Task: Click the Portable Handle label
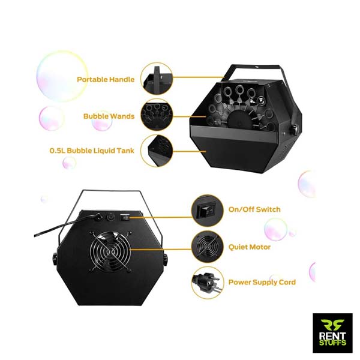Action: pyautogui.click(x=106, y=79)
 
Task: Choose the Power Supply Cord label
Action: pyautogui.click(x=262, y=282)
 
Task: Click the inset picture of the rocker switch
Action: pyautogui.click(x=207, y=209)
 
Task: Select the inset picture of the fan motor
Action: pyautogui.click(x=207, y=245)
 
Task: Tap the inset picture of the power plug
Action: pyautogui.click(x=207, y=281)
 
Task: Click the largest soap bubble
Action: pyautogui.click(x=62, y=76)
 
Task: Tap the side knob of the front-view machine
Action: pyautogui.click(x=295, y=128)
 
